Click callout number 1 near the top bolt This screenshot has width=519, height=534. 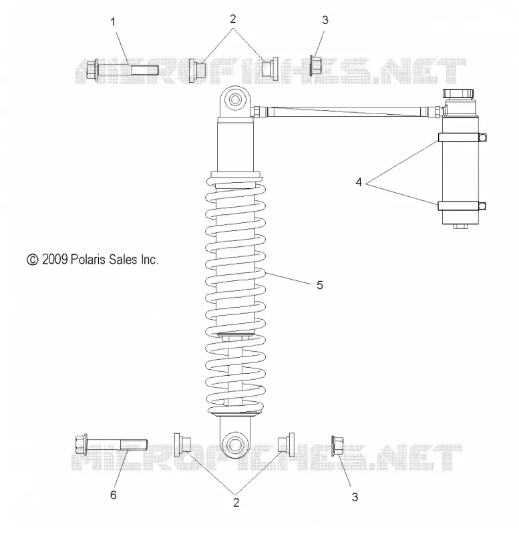pos(113,23)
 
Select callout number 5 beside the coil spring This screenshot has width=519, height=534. pos(319,285)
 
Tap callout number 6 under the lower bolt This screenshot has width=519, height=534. pos(114,495)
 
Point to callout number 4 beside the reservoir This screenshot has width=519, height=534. pos(359,182)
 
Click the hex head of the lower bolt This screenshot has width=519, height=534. pos(81,445)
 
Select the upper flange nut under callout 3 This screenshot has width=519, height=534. pos(316,65)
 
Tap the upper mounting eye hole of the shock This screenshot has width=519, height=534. pos(235,100)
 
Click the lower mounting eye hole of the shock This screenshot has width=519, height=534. pos(235,445)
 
